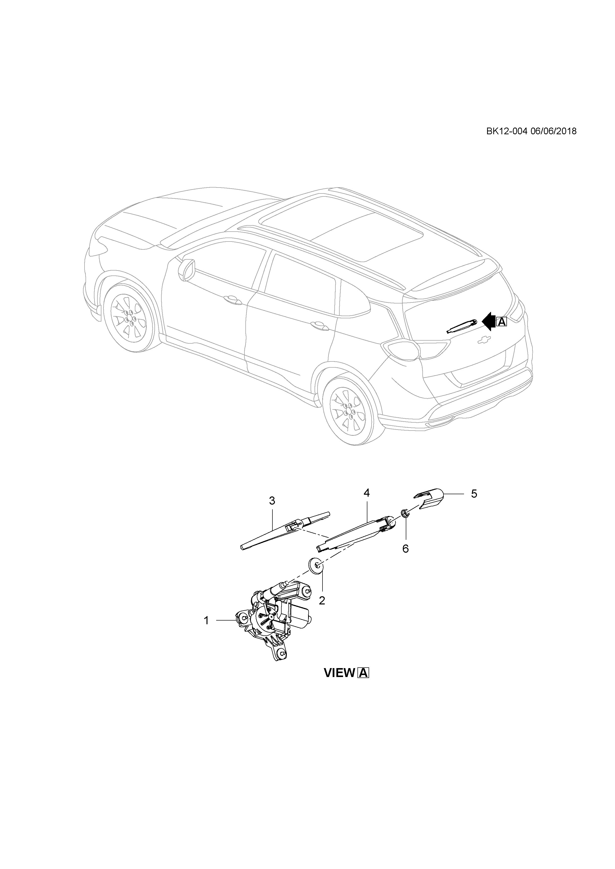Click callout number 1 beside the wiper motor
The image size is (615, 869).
coord(206,621)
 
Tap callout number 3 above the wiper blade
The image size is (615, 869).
coord(272,501)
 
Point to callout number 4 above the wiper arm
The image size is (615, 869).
coord(366,493)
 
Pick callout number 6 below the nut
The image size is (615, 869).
coord(406,549)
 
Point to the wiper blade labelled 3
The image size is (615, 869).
coord(284,530)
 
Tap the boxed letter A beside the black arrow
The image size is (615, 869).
coord(501,322)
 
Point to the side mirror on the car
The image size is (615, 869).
coord(187,270)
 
